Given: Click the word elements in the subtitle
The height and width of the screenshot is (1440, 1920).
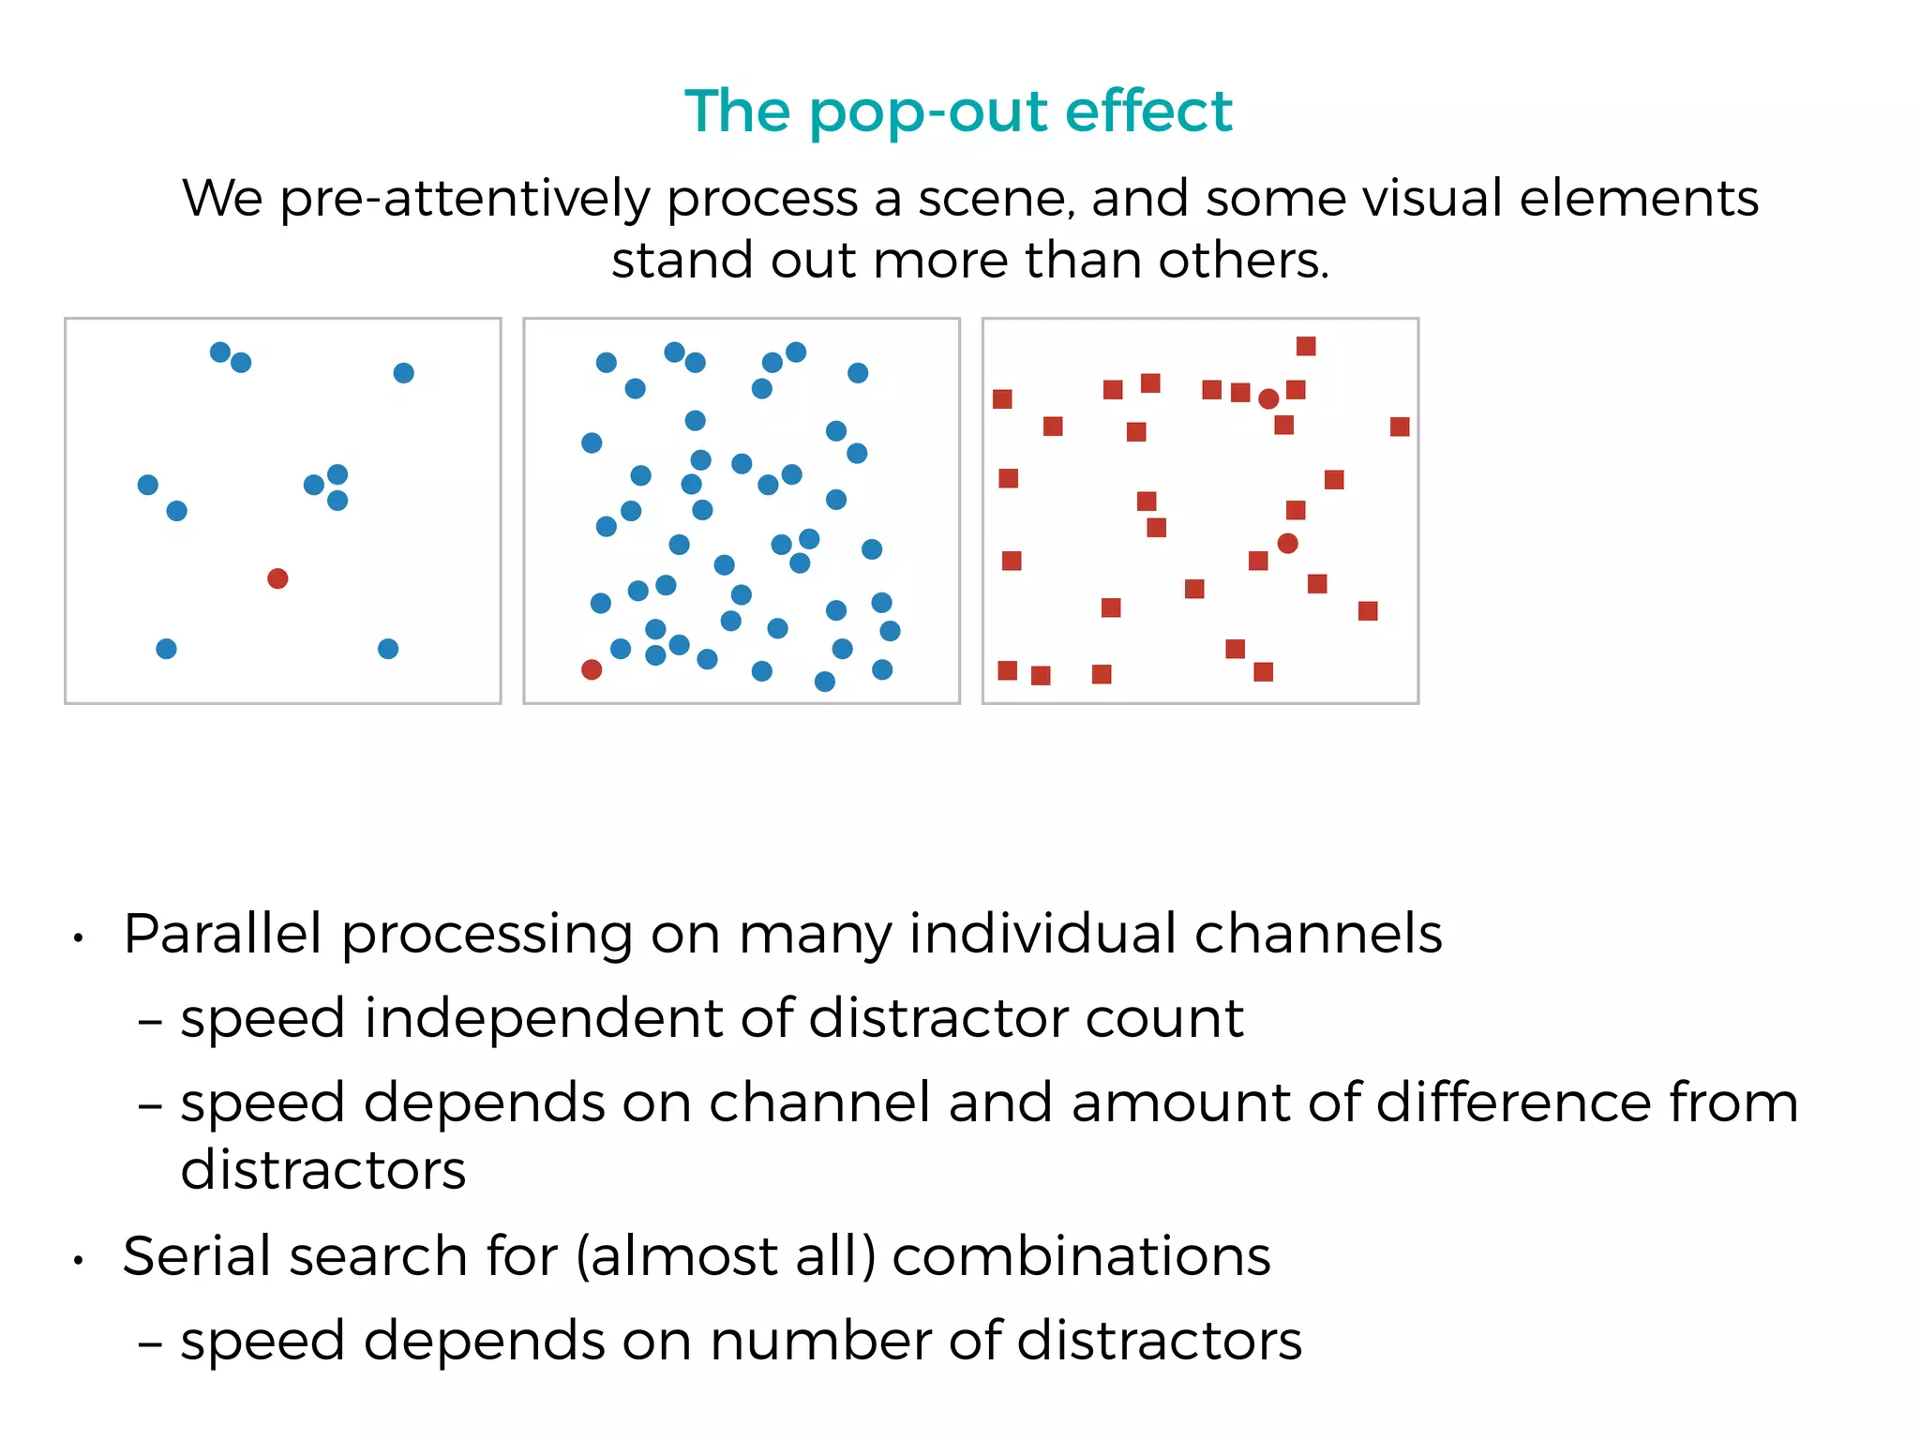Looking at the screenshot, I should [x=1638, y=198].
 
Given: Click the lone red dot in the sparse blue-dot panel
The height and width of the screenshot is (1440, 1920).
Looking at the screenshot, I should [x=277, y=578].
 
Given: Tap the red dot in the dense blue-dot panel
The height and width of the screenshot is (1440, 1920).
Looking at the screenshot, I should [x=592, y=669].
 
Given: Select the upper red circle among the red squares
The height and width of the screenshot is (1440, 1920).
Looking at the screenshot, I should [x=1268, y=399].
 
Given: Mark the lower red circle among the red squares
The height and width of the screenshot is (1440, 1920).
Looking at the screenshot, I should [x=1288, y=544].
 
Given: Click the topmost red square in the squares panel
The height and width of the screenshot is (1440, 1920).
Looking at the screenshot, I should [x=1306, y=347].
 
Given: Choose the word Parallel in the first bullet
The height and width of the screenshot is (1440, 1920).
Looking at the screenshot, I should [x=222, y=934].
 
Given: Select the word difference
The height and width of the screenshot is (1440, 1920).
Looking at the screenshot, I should [x=1512, y=1102].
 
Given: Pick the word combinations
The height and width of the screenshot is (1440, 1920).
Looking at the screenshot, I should [x=1081, y=1256].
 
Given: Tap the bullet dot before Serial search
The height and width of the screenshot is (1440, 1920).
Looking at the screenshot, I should [x=80, y=1262].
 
